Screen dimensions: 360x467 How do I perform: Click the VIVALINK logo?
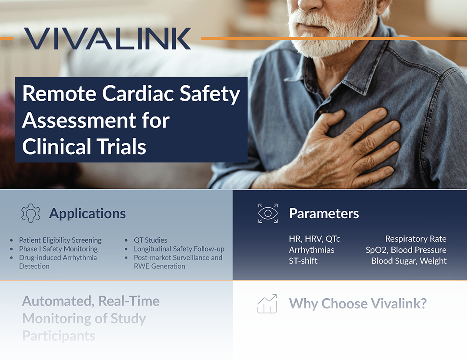coord(107,39)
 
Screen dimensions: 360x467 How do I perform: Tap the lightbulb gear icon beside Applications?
coord(31,213)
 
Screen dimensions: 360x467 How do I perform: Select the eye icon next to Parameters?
coord(268,213)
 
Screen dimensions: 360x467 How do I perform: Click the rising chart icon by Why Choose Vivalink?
coord(267,304)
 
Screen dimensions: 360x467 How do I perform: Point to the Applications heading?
coord(87,213)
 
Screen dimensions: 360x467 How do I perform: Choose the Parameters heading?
coord(324,213)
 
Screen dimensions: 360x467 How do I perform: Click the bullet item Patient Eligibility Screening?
coord(60,240)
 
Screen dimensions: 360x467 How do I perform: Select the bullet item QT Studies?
coord(150,240)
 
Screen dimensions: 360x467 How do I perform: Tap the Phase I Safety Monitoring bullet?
coord(58,249)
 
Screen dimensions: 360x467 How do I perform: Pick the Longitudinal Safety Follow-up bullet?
coord(179,249)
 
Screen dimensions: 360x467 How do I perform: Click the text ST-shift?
coord(303,261)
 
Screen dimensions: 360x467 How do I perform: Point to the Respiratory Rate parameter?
coord(416,239)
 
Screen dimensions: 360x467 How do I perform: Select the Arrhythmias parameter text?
coord(312,250)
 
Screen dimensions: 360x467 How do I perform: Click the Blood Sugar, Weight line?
coord(409,261)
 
